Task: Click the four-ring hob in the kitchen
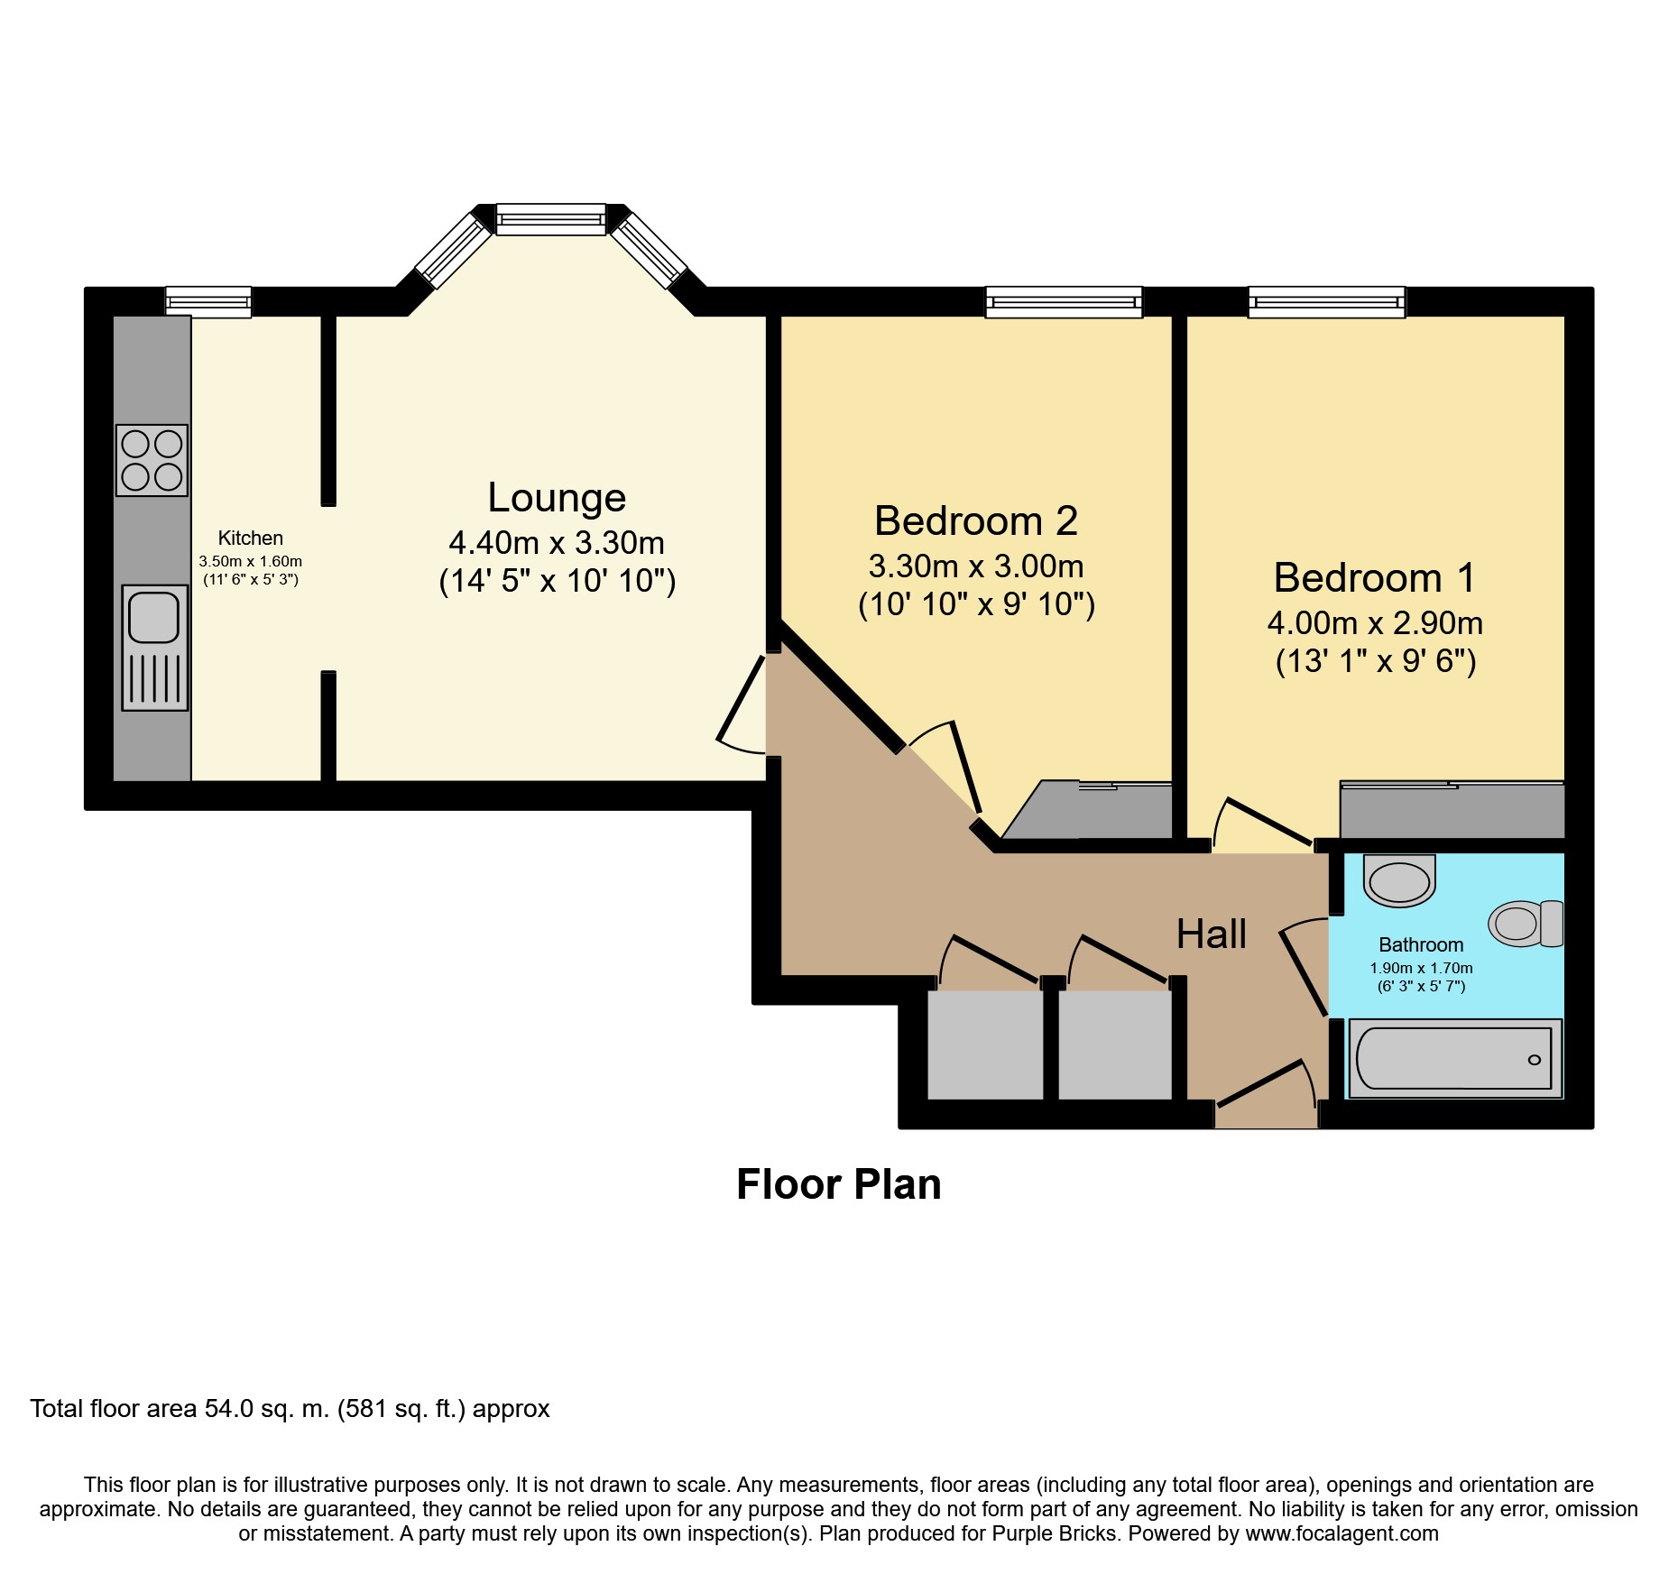[152, 460]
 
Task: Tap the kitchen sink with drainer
[155, 648]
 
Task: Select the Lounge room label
[557, 497]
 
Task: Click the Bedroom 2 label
[976, 520]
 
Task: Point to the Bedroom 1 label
[1375, 577]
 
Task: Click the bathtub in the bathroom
[1455, 1058]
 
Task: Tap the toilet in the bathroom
[1526, 923]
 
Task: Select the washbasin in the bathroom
[1399, 880]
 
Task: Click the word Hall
[1212, 934]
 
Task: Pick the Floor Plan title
[839, 1184]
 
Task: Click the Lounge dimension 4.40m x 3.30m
[557, 543]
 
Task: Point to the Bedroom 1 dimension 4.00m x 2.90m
[1375, 623]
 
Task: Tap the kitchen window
[208, 301]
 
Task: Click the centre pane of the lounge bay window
[551, 219]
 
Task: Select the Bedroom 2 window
[1064, 302]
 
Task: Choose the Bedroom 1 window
[1326, 302]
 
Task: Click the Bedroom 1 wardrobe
[1452, 810]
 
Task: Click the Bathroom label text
[1421, 944]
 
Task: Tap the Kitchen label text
[251, 538]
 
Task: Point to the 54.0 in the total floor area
[229, 1409]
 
